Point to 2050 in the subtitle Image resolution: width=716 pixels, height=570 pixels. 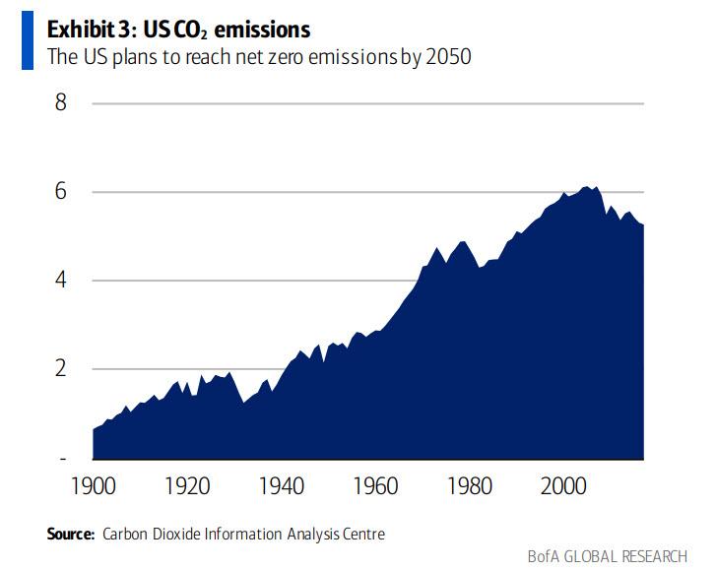pyautogui.click(x=449, y=56)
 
